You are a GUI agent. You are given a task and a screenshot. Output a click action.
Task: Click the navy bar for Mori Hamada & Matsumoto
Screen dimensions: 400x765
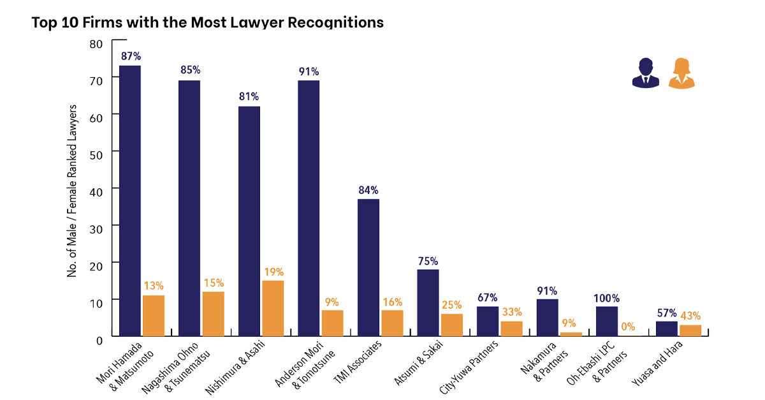[129, 200]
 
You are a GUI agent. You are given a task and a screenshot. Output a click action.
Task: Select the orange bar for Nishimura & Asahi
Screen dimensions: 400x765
[273, 308]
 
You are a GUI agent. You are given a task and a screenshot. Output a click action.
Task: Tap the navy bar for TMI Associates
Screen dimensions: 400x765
[368, 267]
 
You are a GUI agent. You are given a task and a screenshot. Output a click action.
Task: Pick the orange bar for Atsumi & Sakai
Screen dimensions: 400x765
[452, 325]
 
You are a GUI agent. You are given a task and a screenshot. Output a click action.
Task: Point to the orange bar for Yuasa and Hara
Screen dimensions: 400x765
[690, 330]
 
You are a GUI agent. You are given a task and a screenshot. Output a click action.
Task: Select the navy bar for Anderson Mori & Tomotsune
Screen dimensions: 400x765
[309, 208]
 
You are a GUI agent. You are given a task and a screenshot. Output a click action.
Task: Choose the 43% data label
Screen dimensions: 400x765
[691, 315]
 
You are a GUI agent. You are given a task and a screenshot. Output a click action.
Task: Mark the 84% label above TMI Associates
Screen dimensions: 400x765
[368, 189]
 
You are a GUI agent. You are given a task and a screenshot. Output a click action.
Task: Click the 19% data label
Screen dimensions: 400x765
[273, 270]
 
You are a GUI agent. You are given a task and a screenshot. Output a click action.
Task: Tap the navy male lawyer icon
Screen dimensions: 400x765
[645, 73]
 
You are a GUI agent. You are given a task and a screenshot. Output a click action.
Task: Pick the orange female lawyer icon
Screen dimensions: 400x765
[681, 73]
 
